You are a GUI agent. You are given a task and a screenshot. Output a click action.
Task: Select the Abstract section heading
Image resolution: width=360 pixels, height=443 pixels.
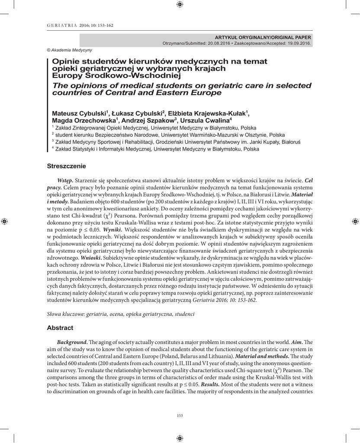coord(60,328)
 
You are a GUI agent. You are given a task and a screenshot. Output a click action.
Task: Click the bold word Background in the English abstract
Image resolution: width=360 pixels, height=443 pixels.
coord(72,342)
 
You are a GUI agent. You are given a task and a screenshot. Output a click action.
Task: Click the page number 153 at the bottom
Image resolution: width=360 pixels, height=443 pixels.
coord(180,416)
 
